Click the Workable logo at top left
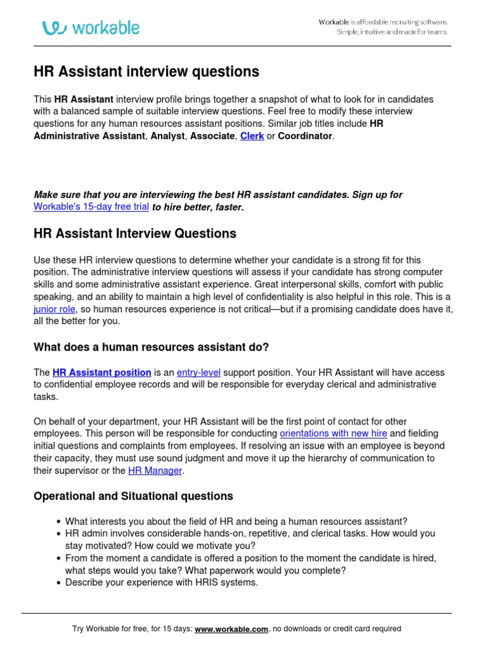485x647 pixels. (x=91, y=28)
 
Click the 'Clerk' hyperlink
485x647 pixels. (x=252, y=136)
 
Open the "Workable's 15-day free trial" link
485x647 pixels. (x=91, y=207)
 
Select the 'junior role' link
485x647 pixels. (x=54, y=309)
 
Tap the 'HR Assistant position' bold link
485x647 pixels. (x=102, y=372)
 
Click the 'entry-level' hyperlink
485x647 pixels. (x=198, y=372)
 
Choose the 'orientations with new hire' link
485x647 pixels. (x=333, y=433)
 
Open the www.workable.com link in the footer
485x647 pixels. (x=232, y=629)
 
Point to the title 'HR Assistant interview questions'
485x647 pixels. (x=146, y=72)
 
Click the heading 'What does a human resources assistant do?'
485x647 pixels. (x=151, y=347)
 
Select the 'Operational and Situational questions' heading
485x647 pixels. (x=133, y=496)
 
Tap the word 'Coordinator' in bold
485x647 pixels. (x=305, y=136)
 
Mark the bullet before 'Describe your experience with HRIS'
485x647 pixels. (x=58, y=583)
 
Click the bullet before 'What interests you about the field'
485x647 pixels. (x=58, y=522)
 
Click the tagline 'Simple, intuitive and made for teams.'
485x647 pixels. (x=392, y=32)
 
